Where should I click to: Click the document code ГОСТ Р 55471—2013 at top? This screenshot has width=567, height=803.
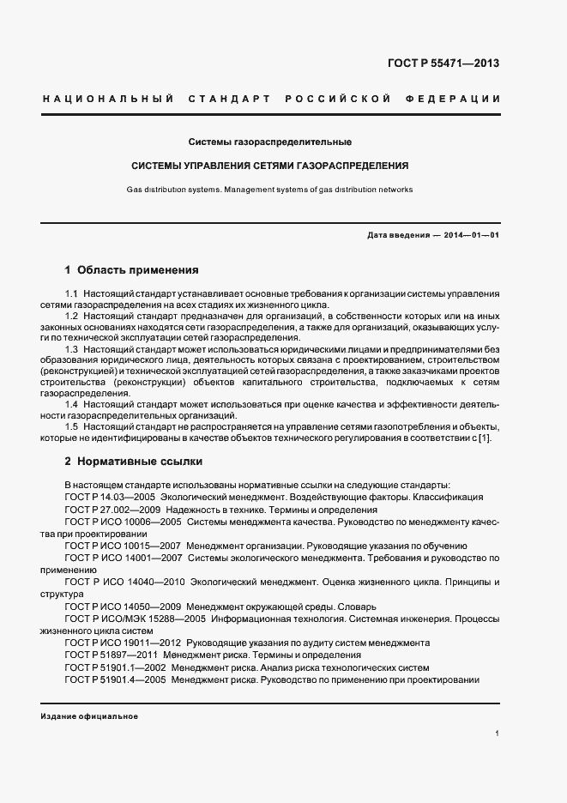443,63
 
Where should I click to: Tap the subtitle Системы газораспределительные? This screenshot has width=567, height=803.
270,141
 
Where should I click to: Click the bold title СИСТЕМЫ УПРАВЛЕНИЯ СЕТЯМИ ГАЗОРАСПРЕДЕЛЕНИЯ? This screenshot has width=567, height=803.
269,165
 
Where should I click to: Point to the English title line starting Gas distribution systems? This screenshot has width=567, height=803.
269,189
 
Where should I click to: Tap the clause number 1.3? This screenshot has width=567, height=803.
71,349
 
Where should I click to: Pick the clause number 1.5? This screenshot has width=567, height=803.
71,426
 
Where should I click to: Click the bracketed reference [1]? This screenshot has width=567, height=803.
486,438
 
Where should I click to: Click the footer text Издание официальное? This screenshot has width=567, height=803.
89,716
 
